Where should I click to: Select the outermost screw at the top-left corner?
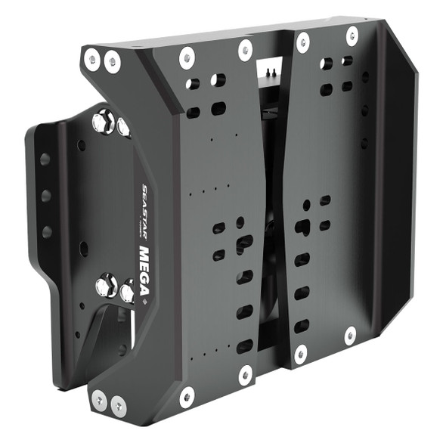click(91, 56)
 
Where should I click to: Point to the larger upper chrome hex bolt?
click(103, 121)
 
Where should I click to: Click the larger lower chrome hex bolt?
click(104, 286)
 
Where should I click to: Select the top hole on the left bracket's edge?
click(45, 160)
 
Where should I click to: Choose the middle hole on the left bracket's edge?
click(46, 196)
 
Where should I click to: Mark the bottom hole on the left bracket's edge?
click(47, 231)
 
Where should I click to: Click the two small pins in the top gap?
click(271, 70)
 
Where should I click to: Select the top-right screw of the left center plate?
click(245, 49)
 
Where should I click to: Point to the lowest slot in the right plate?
click(301, 326)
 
